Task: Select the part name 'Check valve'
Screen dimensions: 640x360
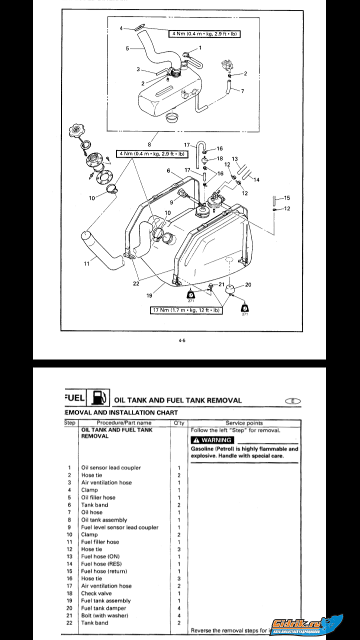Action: pos(96,593)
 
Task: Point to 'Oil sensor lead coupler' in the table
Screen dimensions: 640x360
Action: pos(111,468)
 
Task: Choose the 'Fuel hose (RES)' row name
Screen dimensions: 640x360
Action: pos(101,564)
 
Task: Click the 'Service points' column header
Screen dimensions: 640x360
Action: pos(244,423)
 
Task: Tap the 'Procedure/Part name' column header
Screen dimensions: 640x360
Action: pos(124,423)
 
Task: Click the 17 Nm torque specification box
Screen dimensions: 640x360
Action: pos(187,310)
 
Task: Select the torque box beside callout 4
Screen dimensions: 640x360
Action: pos(203,34)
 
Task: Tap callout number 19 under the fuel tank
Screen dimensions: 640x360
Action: pos(149,295)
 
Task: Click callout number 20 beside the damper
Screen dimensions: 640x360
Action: pos(248,284)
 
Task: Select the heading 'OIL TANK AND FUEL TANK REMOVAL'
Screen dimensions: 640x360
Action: pos(178,400)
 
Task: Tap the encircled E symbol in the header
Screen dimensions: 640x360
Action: pos(293,400)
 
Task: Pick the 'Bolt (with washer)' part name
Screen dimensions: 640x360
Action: pos(104,615)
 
